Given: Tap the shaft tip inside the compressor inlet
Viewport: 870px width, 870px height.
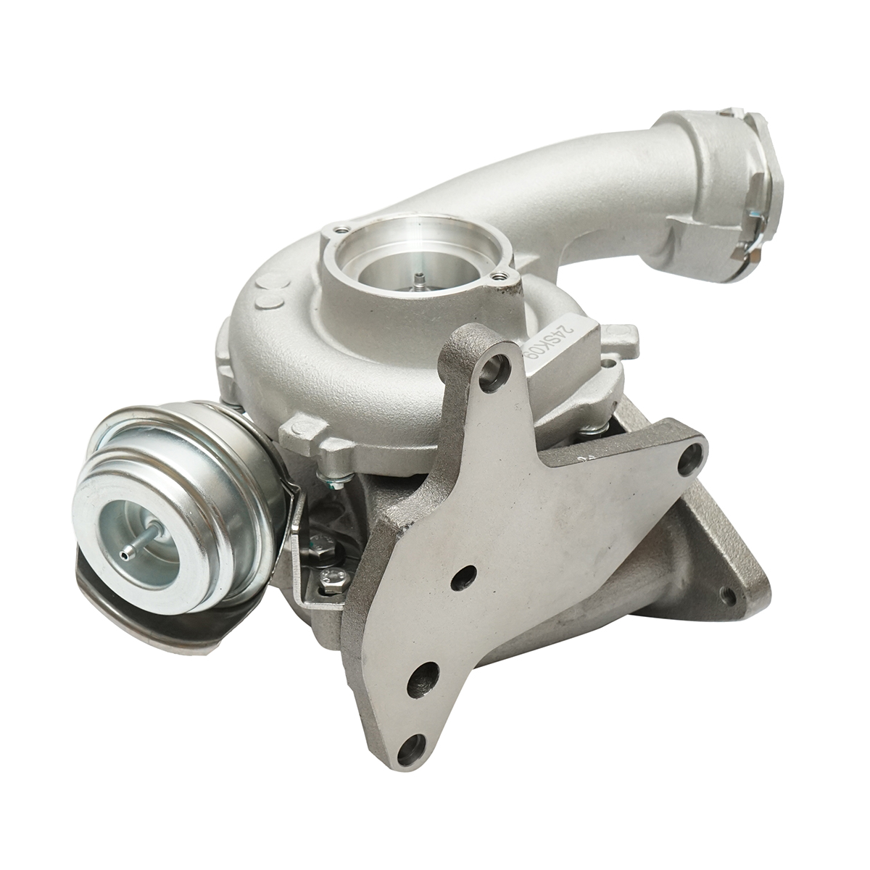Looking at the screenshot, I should point(419,278).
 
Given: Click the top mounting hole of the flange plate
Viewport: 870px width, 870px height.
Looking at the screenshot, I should point(497,362).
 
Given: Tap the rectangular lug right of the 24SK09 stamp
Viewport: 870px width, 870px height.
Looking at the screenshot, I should point(622,334).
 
